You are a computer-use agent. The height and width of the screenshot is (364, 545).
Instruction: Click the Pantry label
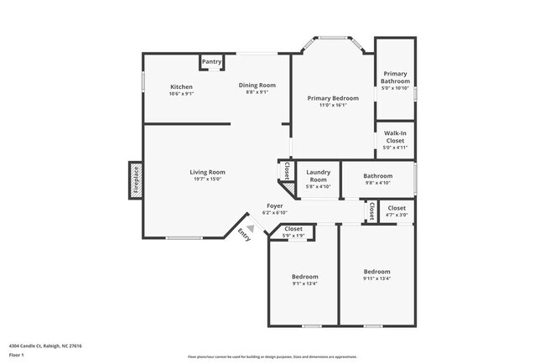[x=211, y=62]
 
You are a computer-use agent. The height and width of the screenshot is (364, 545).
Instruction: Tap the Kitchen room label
[x=182, y=87]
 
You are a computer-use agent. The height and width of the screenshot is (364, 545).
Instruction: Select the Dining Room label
[x=257, y=85]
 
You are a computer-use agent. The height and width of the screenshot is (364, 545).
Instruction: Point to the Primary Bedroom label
[x=332, y=98]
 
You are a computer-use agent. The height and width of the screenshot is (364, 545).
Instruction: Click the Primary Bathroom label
[x=395, y=77]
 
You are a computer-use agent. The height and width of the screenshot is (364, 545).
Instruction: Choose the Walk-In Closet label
[x=395, y=137]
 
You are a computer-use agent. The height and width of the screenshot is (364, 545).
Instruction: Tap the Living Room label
[x=207, y=172]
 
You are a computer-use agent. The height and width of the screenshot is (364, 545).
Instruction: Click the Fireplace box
[x=135, y=179]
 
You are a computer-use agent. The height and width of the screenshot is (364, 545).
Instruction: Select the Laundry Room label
[x=318, y=175]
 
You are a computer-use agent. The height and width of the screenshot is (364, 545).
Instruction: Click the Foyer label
[x=274, y=205]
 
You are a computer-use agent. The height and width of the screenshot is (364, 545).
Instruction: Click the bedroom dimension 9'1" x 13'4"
[x=304, y=283]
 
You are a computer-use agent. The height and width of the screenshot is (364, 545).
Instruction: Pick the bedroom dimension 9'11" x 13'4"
[x=376, y=278]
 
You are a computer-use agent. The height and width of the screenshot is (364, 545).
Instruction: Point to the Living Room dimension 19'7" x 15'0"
[x=207, y=178]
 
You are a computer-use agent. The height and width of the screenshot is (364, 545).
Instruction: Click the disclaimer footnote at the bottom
[x=272, y=356]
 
